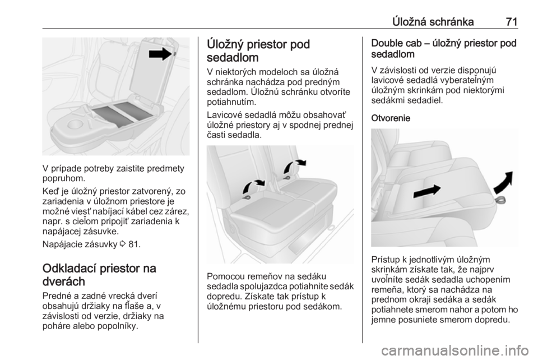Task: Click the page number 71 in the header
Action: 511,22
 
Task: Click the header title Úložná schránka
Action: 433,22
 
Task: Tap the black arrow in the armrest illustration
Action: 161,54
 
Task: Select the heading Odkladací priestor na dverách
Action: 100,275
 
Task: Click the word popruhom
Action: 63,178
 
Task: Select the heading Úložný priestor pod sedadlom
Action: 258,51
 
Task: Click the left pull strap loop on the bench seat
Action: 245,197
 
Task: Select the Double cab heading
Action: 444,48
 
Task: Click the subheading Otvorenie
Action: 391,118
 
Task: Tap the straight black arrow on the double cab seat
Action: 426,191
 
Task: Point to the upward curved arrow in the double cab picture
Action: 504,183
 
